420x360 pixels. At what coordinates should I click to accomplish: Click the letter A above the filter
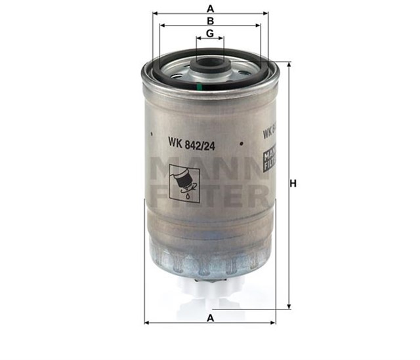click(x=210, y=8)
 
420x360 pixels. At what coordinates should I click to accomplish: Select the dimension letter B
click(x=210, y=20)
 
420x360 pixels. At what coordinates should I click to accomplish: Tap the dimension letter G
click(x=210, y=33)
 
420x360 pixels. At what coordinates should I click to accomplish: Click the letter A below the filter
click(x=210, y=317)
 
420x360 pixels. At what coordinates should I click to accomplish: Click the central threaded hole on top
click(x=210, y=66)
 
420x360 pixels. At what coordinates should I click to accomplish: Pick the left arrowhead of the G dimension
click(x=198, y=38)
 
